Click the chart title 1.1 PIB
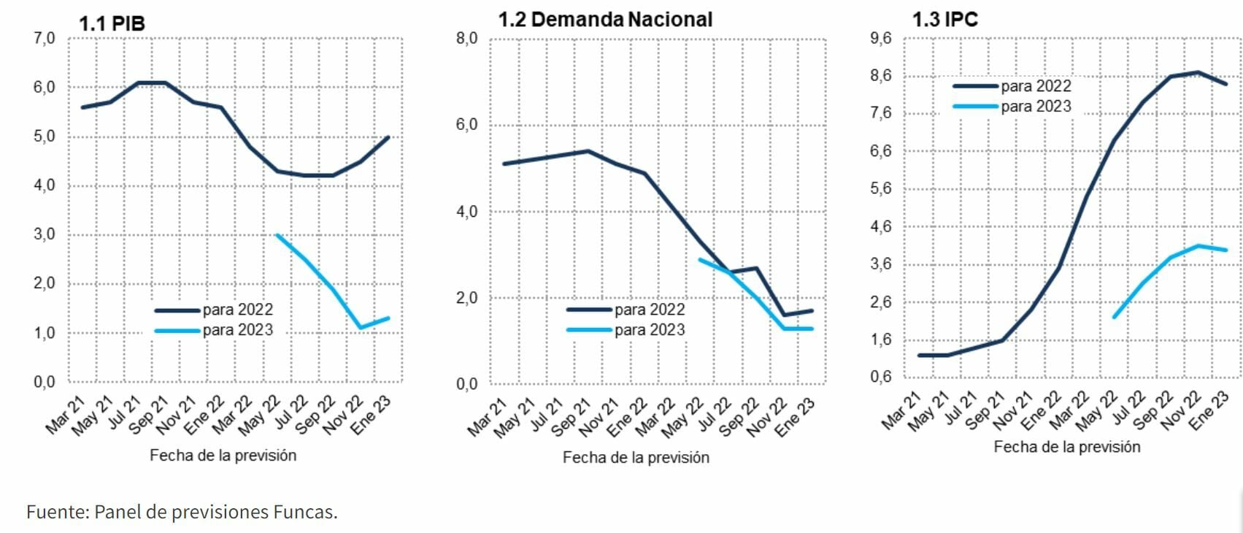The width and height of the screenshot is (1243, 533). coord(112,23)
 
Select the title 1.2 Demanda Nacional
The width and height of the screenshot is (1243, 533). coord(605,20)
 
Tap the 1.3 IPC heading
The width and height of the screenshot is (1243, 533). coord(944,20)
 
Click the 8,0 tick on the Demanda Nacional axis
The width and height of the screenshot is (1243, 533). coord(466,39)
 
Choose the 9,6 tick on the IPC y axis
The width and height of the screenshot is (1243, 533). coord(881,39)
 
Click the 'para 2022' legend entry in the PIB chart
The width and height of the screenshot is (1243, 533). coord(237,310)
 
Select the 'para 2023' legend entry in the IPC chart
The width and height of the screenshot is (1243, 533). coord(1036,107)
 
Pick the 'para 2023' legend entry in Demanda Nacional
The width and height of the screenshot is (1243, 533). coord(650,330)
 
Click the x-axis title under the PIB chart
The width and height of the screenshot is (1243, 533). coord(223,456)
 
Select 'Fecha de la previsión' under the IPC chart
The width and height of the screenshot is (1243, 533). coord(1066,447)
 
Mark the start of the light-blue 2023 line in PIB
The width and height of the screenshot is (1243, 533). coord(277,234)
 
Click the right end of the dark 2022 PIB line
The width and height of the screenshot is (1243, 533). coord(388,137)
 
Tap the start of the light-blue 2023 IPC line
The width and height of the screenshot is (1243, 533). coord(1114,317)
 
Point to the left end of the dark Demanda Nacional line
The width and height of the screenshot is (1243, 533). coord(504,164)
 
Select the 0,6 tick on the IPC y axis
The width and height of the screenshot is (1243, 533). coord(881,377)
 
